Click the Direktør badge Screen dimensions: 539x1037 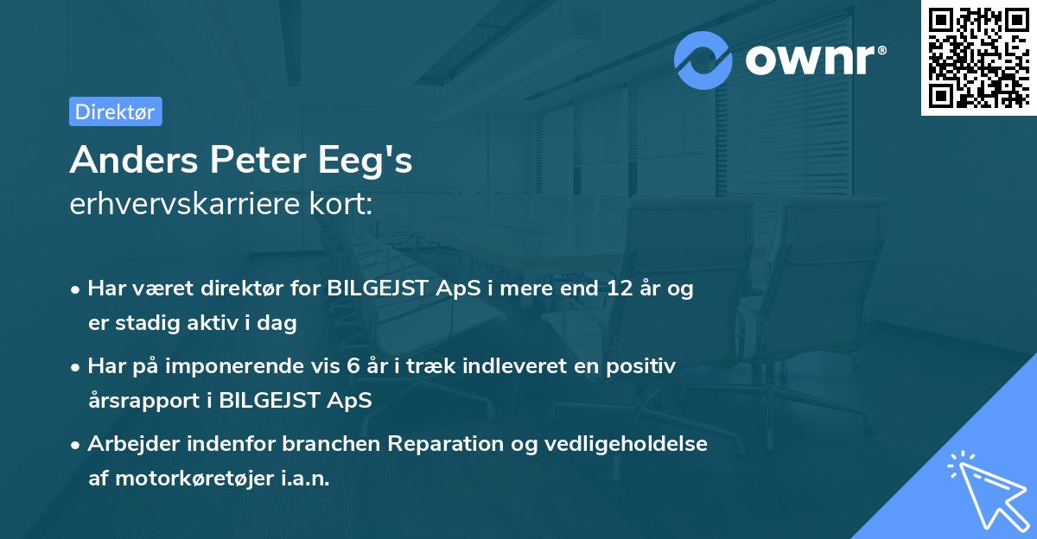pos(116,111)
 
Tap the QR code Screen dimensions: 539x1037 pos(978,57)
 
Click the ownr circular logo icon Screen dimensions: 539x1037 pos(703,60)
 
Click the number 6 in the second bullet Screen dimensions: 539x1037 pos(353,365)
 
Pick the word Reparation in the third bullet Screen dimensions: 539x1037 pos(441,443)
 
